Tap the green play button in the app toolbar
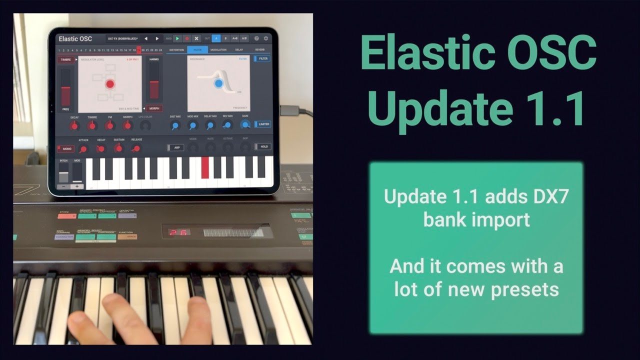point(177,38)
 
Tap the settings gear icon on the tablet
point(266,38)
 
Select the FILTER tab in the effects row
point(197,50)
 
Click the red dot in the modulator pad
point(110,84)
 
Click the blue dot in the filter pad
point(218,83)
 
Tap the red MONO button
point(65,148)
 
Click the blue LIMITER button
point(262,124)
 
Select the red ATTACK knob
point(83,148)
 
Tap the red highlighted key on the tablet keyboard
point(205,167)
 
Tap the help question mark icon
point(256,38)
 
